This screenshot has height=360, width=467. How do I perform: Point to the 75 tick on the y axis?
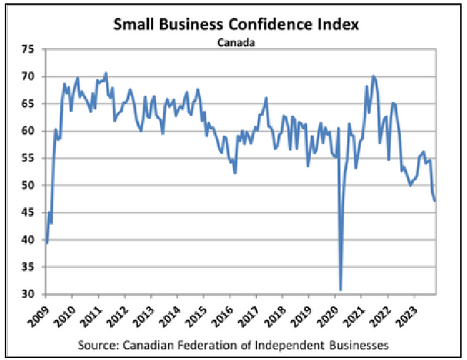(28, 49)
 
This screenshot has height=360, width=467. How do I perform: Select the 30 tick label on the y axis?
(28, 294)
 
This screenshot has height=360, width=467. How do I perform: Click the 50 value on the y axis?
(28, 186)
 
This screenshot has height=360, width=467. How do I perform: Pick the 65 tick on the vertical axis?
(28, 104)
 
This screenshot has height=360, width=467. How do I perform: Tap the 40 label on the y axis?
(28, 240)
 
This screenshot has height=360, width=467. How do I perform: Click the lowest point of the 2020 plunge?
(341, 290)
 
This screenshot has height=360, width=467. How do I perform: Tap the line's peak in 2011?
(106, 72)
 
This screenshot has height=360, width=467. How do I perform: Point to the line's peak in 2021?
(373, 76)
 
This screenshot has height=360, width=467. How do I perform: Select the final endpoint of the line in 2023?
(435, 201)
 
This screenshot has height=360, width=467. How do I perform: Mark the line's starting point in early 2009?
(46, 243)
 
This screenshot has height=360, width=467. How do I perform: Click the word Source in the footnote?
(96, 344)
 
